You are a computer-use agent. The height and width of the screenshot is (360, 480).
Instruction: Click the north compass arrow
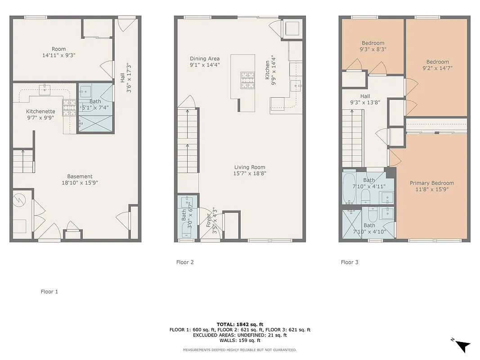click(462, 345)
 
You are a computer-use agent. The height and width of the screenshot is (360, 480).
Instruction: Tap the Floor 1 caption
click(49, 292)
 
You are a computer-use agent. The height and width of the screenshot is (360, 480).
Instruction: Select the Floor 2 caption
click(185, 262)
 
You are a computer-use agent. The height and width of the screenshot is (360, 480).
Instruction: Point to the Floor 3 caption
click(350, 262)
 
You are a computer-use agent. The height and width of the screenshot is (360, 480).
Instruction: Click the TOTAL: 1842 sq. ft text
click(240, 324)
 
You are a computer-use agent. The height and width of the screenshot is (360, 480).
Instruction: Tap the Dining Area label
click(205, 58)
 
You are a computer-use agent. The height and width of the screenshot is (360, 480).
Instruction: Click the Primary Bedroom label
click(431, 183)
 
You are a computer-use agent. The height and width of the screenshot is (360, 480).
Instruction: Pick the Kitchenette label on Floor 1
click(40, 111)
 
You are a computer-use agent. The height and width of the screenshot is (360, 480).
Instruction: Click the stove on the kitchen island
click(247, 79)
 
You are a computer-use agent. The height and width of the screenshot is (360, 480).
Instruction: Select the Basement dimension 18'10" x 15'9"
click(80, 183)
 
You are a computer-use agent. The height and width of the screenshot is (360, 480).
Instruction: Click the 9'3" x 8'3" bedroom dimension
click(372, 49)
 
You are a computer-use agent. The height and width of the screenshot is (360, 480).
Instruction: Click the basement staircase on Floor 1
click(23, 161)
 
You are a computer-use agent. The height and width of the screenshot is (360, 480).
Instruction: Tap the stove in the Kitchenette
click(69, 108)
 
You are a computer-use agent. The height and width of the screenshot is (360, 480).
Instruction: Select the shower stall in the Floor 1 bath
click(95, 123)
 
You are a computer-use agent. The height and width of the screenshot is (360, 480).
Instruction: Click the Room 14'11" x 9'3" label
click(58, 52)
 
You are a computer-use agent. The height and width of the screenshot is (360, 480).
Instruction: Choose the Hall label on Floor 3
click(365, 96)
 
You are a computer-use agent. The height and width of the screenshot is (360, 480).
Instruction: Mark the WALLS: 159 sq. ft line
click(240, 341)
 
